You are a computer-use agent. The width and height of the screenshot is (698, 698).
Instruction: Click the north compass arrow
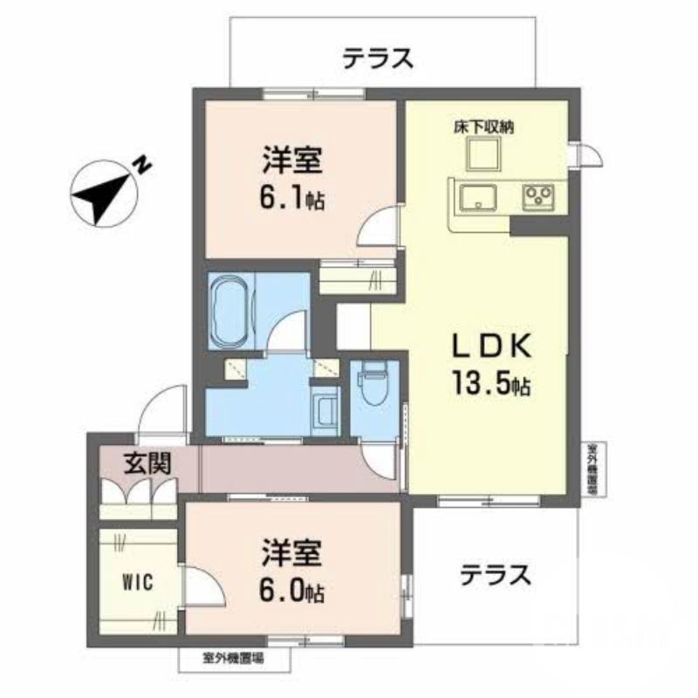point(98,193)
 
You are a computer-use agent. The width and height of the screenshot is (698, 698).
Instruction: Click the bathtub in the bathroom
point(229,310)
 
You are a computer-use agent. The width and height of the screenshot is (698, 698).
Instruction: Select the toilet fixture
point(370,387)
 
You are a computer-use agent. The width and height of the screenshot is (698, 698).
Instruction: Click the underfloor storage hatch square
point(482,155)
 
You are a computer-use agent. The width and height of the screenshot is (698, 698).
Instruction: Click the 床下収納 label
point(482,127)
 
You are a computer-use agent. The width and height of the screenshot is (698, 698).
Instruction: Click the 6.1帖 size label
point(291,198)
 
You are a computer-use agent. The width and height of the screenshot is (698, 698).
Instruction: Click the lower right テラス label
point(496,575)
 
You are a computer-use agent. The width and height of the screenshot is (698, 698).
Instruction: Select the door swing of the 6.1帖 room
point(375,234)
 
